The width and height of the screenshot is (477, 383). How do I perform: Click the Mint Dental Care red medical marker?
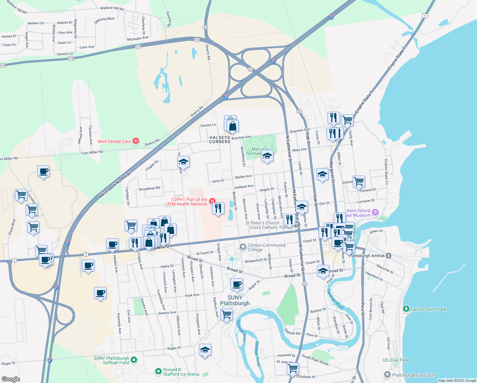[x=136, y=141]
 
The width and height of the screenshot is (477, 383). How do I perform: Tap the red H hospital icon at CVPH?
[x=212, y=201]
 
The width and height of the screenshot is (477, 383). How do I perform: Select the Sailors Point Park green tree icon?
[x=406, y=309]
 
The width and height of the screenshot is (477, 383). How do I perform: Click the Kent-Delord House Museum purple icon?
[x=375, y=213]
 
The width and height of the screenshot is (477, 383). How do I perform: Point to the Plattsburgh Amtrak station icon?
[x=388, y=256]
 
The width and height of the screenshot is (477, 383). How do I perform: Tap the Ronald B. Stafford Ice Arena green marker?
[x=158, y=372]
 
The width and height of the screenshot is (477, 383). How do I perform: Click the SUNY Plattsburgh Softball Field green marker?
[x=134, y=360]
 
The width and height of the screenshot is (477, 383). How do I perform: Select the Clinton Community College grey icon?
[x=243, y=247]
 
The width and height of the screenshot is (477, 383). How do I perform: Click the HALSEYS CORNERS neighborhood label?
[x=220, y=139]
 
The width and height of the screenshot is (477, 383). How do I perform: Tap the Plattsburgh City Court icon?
[x=387, y=375]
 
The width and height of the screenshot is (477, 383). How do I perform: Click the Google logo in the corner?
[x=11, y=379]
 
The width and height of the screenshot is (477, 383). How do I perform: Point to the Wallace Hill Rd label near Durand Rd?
[x=112, y=8]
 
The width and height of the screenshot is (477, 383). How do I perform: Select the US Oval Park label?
[x=395, y=360]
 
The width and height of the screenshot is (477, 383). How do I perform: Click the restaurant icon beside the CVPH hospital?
[x=218, y=208]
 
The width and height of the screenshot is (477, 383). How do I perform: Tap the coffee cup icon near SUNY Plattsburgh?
[x=237, y=284]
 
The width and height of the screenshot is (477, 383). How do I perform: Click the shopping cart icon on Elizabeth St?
[x=292, y=368]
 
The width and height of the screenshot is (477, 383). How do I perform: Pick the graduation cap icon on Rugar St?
[x=205, y=350]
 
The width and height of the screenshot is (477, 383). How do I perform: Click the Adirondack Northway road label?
[x=115, y=185]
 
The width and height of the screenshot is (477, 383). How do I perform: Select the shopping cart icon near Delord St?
[x=359, y=181]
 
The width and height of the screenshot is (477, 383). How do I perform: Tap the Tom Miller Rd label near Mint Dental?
[x=92, y=153]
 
